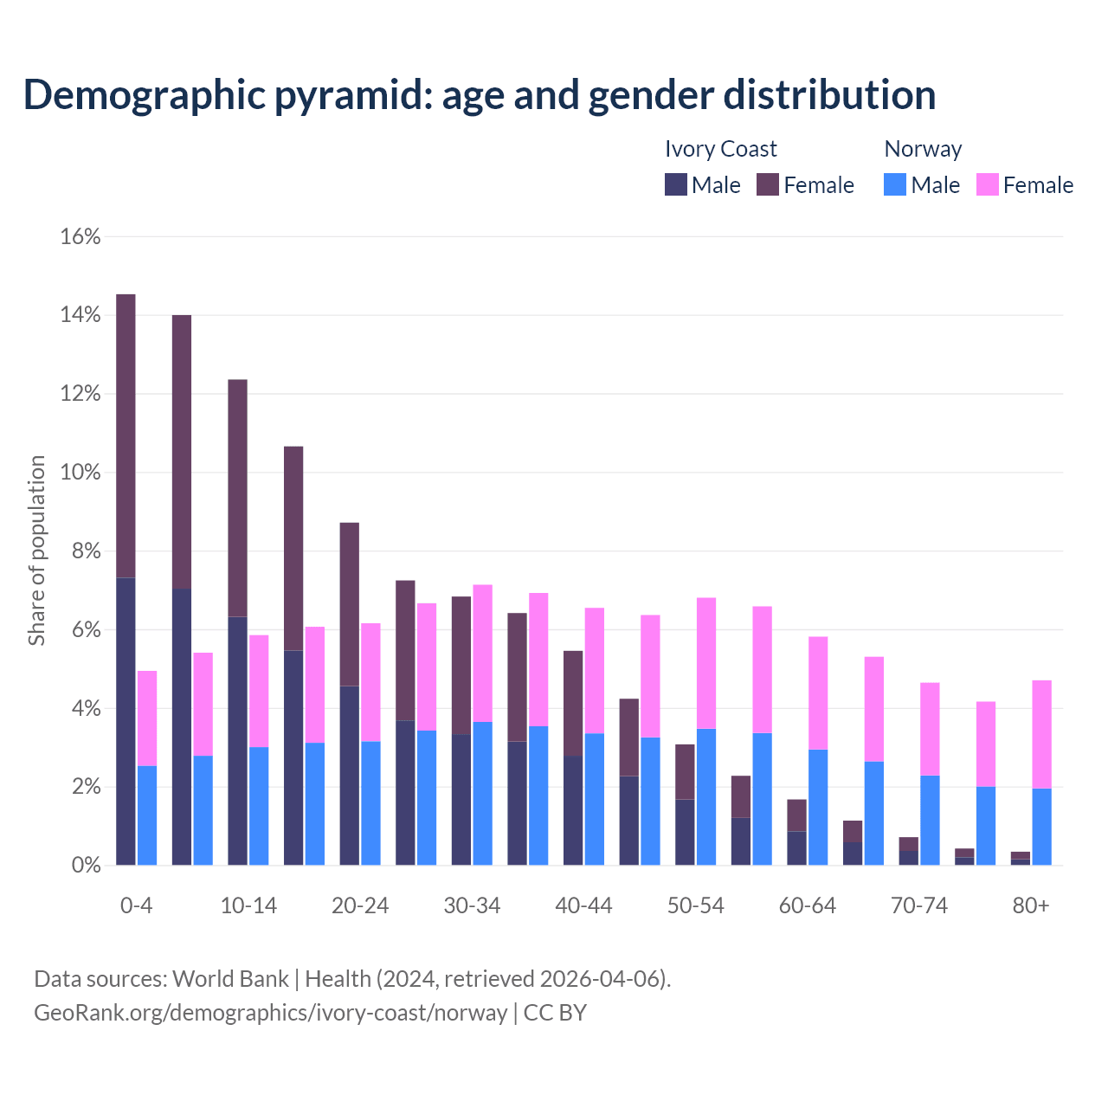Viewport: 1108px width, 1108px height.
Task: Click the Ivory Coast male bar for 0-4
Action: pos(126,721)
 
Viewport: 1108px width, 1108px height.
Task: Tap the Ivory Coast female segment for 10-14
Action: pos(237,498)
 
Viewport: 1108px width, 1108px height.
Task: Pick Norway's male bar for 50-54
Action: pos(706,796)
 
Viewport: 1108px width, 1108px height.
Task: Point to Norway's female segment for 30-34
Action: pos(483,653)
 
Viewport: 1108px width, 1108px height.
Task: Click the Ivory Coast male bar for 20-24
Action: pos(349,776)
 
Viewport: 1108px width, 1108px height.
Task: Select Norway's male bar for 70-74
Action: pos(930,820)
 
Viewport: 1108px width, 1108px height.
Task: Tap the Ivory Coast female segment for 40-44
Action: pos(573,703)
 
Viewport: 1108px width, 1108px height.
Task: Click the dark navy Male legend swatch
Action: pos(676,184)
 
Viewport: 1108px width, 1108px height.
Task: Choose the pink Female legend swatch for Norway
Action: pos(987,184)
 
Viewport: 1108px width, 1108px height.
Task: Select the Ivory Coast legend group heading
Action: pos(720,149)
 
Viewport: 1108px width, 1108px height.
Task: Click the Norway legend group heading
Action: pos(923,149)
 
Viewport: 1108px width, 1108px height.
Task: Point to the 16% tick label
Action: pos(81,236)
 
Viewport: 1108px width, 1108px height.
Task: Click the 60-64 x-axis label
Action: pos(807,905)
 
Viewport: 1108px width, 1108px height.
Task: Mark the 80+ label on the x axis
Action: pos(1030,905)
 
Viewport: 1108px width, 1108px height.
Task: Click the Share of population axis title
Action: pos(37,551)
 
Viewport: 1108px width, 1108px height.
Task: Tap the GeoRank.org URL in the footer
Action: pos(270,1012)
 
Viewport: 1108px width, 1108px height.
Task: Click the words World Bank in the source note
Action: pos(230,979)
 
